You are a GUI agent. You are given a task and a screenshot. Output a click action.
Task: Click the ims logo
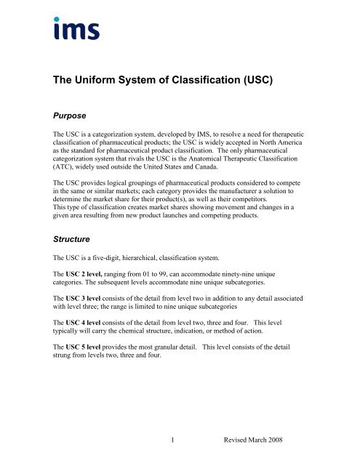[x=76, y=28]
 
